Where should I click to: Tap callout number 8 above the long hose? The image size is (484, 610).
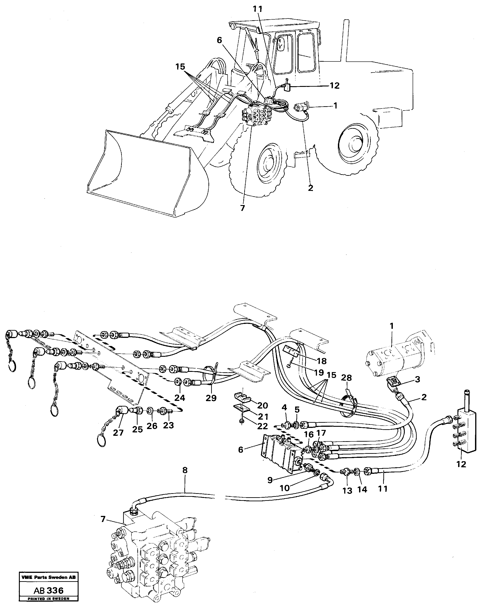click(185, 470)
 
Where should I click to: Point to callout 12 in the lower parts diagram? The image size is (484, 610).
click(461, 464)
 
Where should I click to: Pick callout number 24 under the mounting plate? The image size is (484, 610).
click(179, 398)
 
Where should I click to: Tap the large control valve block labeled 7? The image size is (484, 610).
click(158, 555)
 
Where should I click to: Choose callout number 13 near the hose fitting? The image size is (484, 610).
click(347, 490)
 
